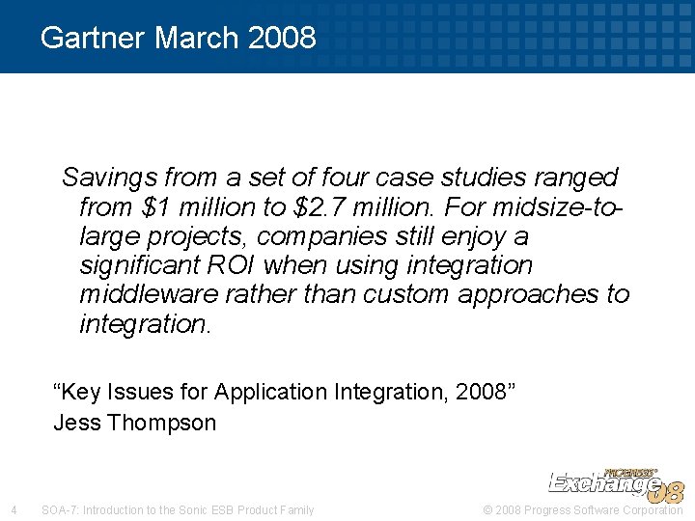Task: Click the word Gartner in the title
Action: (94, 38)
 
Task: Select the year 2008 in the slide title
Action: (281, 38)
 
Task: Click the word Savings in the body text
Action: (109, 178)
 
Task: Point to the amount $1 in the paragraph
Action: (154, 207)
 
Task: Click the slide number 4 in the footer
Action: (13, 509)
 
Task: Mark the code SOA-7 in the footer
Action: (60, 509)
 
